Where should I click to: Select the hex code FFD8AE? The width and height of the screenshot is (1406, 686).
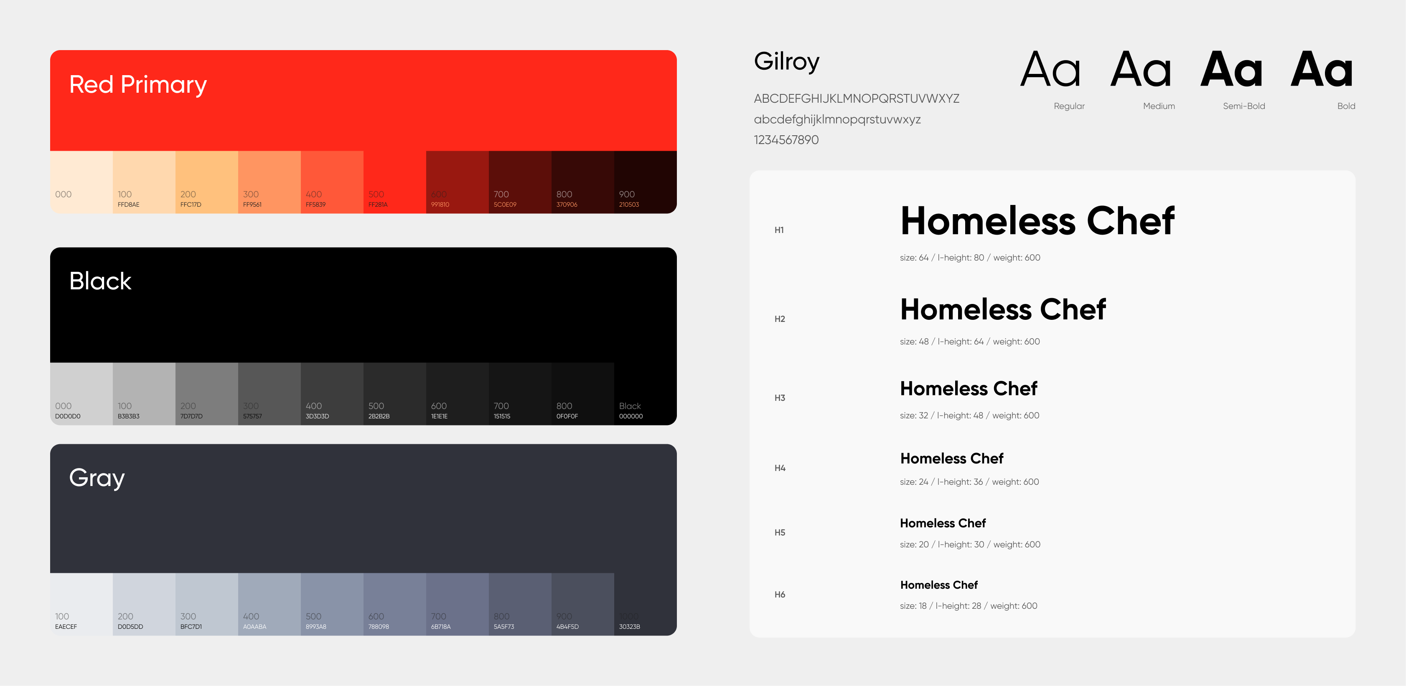pos(128,205)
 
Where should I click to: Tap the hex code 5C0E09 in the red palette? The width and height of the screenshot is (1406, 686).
pos(504,205)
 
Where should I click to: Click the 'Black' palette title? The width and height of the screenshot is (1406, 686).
pos(100,281)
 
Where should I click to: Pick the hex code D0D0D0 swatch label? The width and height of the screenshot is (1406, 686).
pos(68,416)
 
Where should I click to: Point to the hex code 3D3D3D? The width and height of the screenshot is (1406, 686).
pos(317,416)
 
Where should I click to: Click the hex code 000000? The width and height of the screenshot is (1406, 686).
pos(631,416)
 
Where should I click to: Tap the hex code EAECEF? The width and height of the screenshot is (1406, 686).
pos(66,627)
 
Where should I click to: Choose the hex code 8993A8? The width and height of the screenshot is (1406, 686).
pos(315,627)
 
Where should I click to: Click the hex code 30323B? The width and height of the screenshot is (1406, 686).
pos(629,627)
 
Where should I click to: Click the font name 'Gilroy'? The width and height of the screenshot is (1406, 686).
pos(786,62)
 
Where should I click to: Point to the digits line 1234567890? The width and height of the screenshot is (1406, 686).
pos(786,139)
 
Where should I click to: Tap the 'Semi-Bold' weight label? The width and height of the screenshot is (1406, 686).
pos(1243,106)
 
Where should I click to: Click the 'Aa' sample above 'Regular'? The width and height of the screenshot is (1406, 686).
pos(1050,70)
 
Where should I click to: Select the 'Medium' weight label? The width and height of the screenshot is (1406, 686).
pos(1159,106)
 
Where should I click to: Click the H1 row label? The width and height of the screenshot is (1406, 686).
pos(779,230)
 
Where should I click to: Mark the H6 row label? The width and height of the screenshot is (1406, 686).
pos(779,595)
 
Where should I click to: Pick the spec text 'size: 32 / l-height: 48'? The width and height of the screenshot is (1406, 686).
pos(941,415)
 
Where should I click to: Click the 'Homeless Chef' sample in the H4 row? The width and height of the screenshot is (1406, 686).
pos(951,458)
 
